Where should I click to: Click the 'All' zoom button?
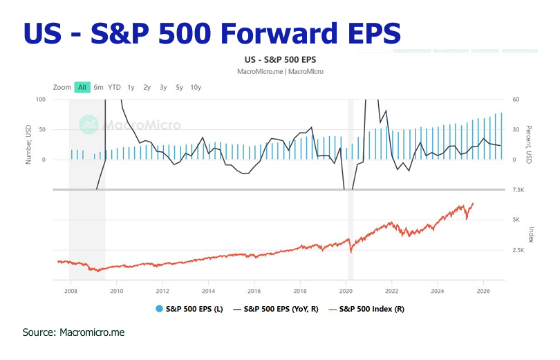(82, 87)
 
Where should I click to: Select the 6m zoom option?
(99, 87)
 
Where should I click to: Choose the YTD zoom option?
(114, 87)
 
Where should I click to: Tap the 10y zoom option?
(196, 87)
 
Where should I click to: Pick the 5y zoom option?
(179, 87)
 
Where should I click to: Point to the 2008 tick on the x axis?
(71, 290)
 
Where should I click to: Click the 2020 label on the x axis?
(346, 290)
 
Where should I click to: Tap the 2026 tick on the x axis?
(483, 290)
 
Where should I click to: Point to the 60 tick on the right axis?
(515, 100)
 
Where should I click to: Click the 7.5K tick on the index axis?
(519, 190)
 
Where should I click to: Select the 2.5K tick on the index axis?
(519, 250)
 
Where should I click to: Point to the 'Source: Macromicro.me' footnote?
(73, 332)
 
